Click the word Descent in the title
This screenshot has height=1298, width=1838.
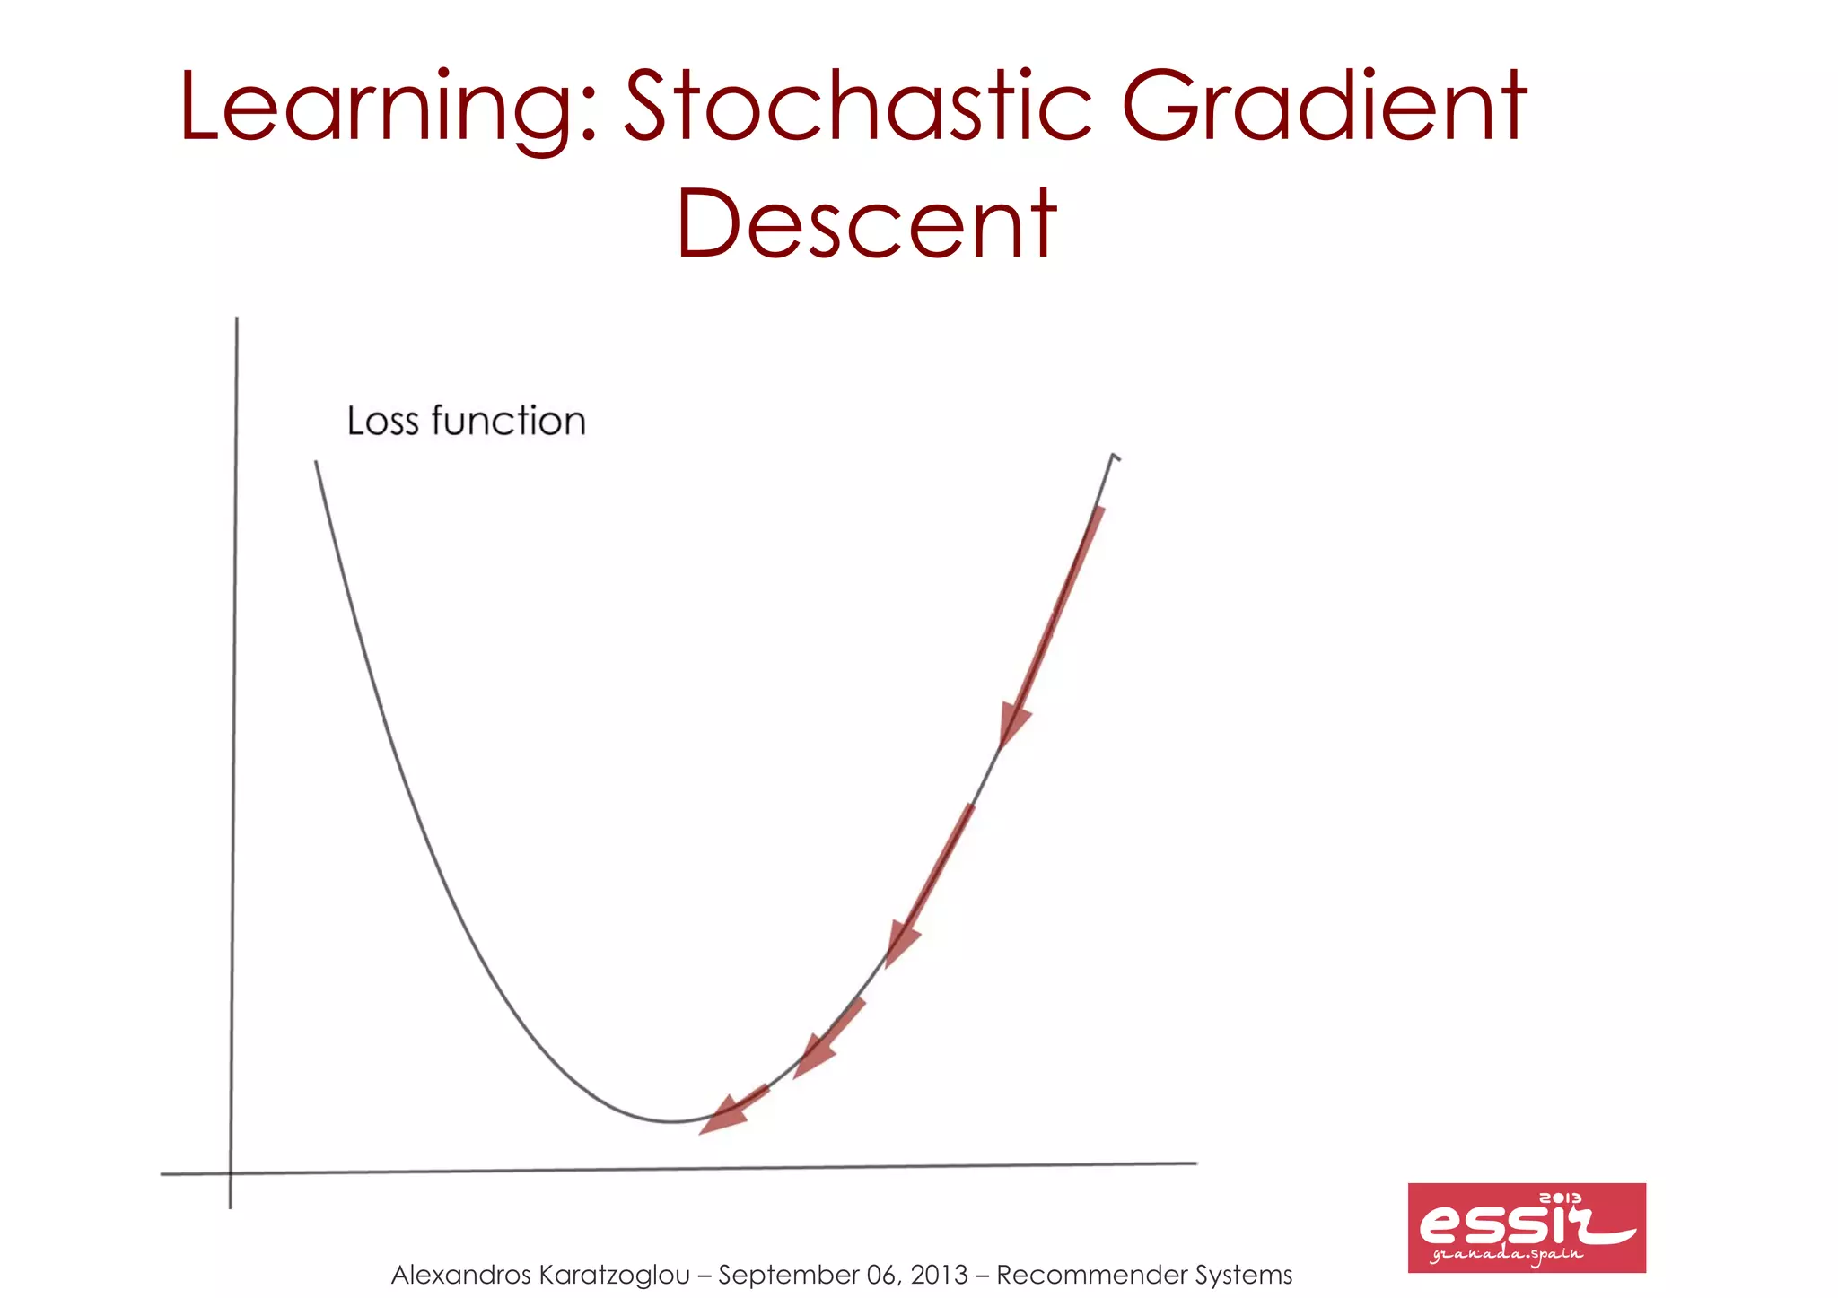pos(866,223)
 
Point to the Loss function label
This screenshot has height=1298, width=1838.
pos(466,421)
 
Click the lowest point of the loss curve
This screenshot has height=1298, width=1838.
pos(671,1121)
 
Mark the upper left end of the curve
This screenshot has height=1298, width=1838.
pos(316,463)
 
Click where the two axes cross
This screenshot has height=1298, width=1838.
pos(231,1172)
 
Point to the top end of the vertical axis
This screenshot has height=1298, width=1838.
pos(237,319)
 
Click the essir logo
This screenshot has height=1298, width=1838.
pos(1526,1227)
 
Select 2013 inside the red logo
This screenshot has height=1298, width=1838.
pos(1561,1198)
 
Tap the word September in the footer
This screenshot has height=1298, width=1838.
pos(788,1275)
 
